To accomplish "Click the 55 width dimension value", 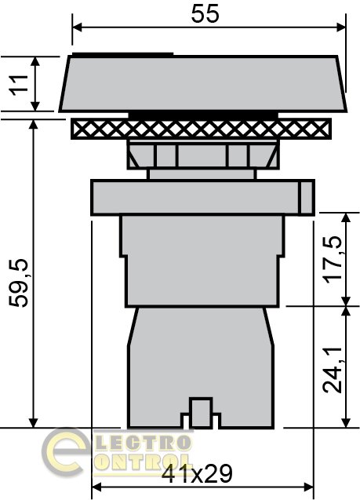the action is click(205, 14).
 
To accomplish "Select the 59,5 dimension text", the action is click(19, 283).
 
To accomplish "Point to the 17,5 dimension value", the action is click(333, 261).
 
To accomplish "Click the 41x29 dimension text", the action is click(197, 473).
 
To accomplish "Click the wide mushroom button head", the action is click(203, 83).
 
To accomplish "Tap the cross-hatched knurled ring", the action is click(201, 129).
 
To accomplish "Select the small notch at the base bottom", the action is click(200, 413).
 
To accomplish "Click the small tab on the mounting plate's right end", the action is click(307, 197).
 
